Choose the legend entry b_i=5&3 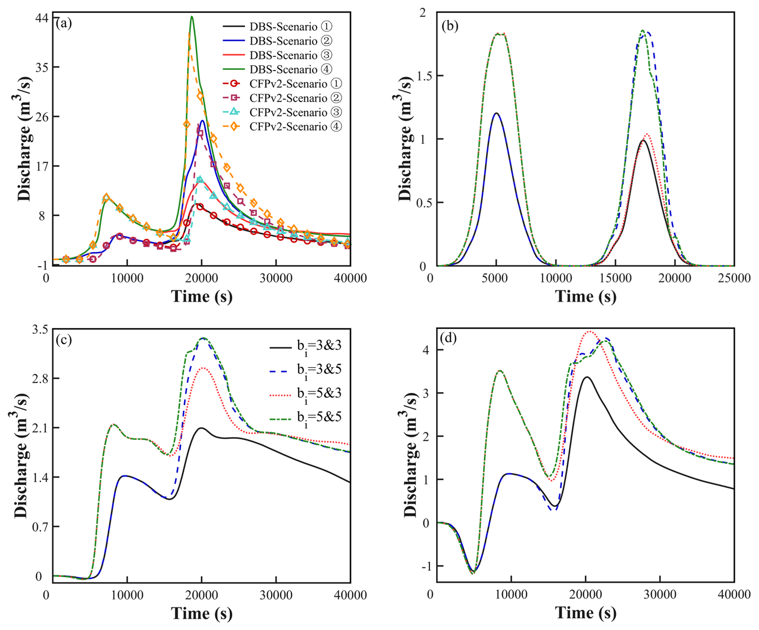319,394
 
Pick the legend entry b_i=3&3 319,346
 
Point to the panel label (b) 449,25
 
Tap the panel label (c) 64,340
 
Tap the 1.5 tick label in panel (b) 420,76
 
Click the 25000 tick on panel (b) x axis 733,278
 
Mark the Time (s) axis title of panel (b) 585,297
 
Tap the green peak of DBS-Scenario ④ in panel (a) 192,17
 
